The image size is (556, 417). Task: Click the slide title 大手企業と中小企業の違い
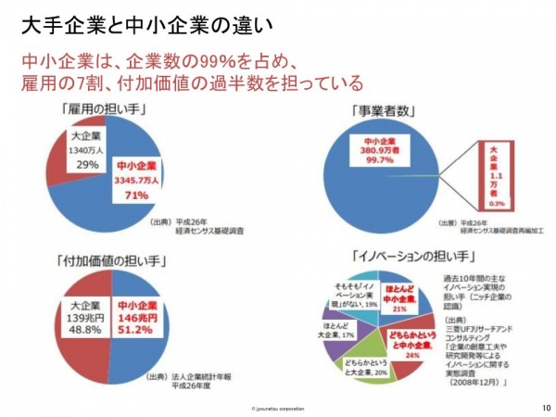138,20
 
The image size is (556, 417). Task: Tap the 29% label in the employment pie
88,165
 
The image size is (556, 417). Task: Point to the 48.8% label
84,329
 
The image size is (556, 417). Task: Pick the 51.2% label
135,329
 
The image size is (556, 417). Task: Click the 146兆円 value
135,316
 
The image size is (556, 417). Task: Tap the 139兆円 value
84,316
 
